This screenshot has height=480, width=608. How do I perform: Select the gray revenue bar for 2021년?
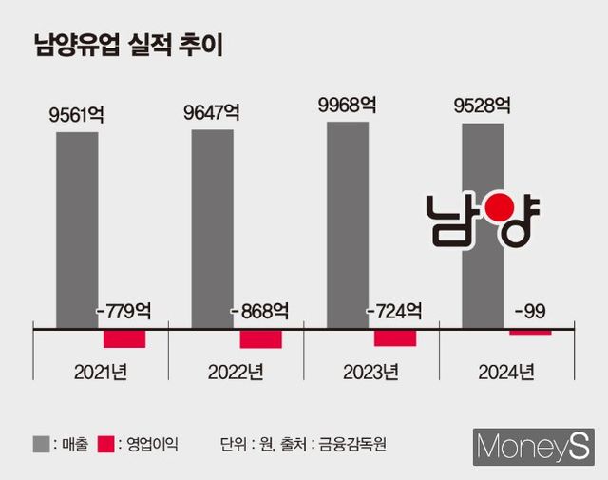pyautogui.click(x=77, y=228)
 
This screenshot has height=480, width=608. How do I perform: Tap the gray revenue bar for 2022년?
pyautogui.click(x=212, y=228)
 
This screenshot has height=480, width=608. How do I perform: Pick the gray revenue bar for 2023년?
pyautogui.click(x=348, y=224)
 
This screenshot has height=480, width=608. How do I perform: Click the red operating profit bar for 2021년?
pyautogui.click(x=124, y=338)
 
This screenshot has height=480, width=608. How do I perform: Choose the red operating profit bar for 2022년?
pyautogui.click(x=260, y=339)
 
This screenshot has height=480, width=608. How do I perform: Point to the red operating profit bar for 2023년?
pyautogui.click(x=395, y=337)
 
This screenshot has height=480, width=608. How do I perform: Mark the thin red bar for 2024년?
pyautogui.click(x=530, y=332)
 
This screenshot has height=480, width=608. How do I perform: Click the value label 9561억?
pyautogui.click(x=77, y=116)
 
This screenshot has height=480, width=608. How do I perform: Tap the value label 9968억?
pyautogui.click(x=348, y=105)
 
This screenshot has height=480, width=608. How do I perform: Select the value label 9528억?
pyautogui.click(x=483, y=106)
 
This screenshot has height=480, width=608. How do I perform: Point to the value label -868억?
pyautogui.click(x=260, y=311)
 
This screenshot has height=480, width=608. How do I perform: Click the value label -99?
pyautogui.click(x=529, y=311)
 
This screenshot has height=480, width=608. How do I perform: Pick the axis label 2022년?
pyautogui.click(x=236, y=373)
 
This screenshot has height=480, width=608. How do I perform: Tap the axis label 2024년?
pyautogui.click(x=505, y=373)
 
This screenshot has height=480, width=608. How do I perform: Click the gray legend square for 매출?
pyautogui.click(x=42, y=443)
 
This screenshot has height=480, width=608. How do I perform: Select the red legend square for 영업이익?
pyautogui.click(x=105, y=443)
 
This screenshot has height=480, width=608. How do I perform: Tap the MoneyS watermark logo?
pyautogui.click(x=534, y=445)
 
